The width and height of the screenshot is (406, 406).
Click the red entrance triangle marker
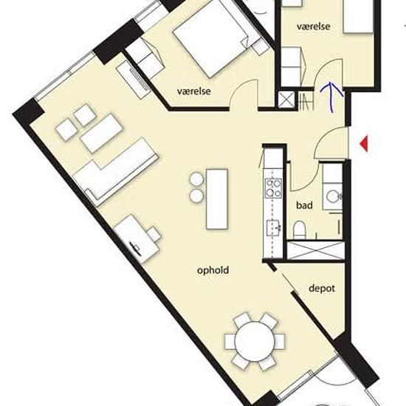[365, 144]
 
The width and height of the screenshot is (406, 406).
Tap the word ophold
[213, 270]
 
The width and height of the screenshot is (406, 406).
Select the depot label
[322, 289]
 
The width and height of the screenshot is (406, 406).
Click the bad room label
[304, 205]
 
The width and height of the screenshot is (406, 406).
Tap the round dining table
[255, 341]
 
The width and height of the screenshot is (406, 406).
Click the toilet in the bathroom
[300, 230]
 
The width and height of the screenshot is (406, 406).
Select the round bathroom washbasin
[332, 196]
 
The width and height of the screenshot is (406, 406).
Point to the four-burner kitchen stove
[273, 188]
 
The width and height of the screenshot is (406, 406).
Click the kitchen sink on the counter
[274, 228]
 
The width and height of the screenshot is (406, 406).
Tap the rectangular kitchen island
[217, 199]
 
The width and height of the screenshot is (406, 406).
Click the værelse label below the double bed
[193, 92]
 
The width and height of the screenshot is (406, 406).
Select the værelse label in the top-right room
[313, 27]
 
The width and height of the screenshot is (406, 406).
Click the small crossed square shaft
[286, 100]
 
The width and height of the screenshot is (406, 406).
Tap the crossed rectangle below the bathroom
[315, 250]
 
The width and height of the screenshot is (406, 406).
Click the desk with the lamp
[137, 239]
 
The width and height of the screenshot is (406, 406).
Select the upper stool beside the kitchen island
[197, 179]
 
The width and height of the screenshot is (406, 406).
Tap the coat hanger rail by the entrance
[306, 103]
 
